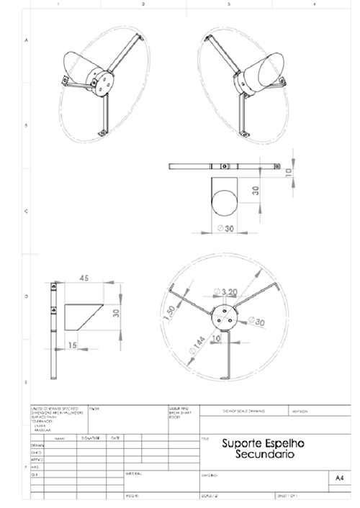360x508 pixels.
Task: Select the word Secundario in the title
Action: pos(264,456)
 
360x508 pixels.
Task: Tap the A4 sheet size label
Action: pos(340,477)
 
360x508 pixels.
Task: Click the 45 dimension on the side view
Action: pos(84,278)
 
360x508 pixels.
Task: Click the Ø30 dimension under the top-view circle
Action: pos(227,229)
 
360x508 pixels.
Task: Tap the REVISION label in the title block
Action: pos(300,411)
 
